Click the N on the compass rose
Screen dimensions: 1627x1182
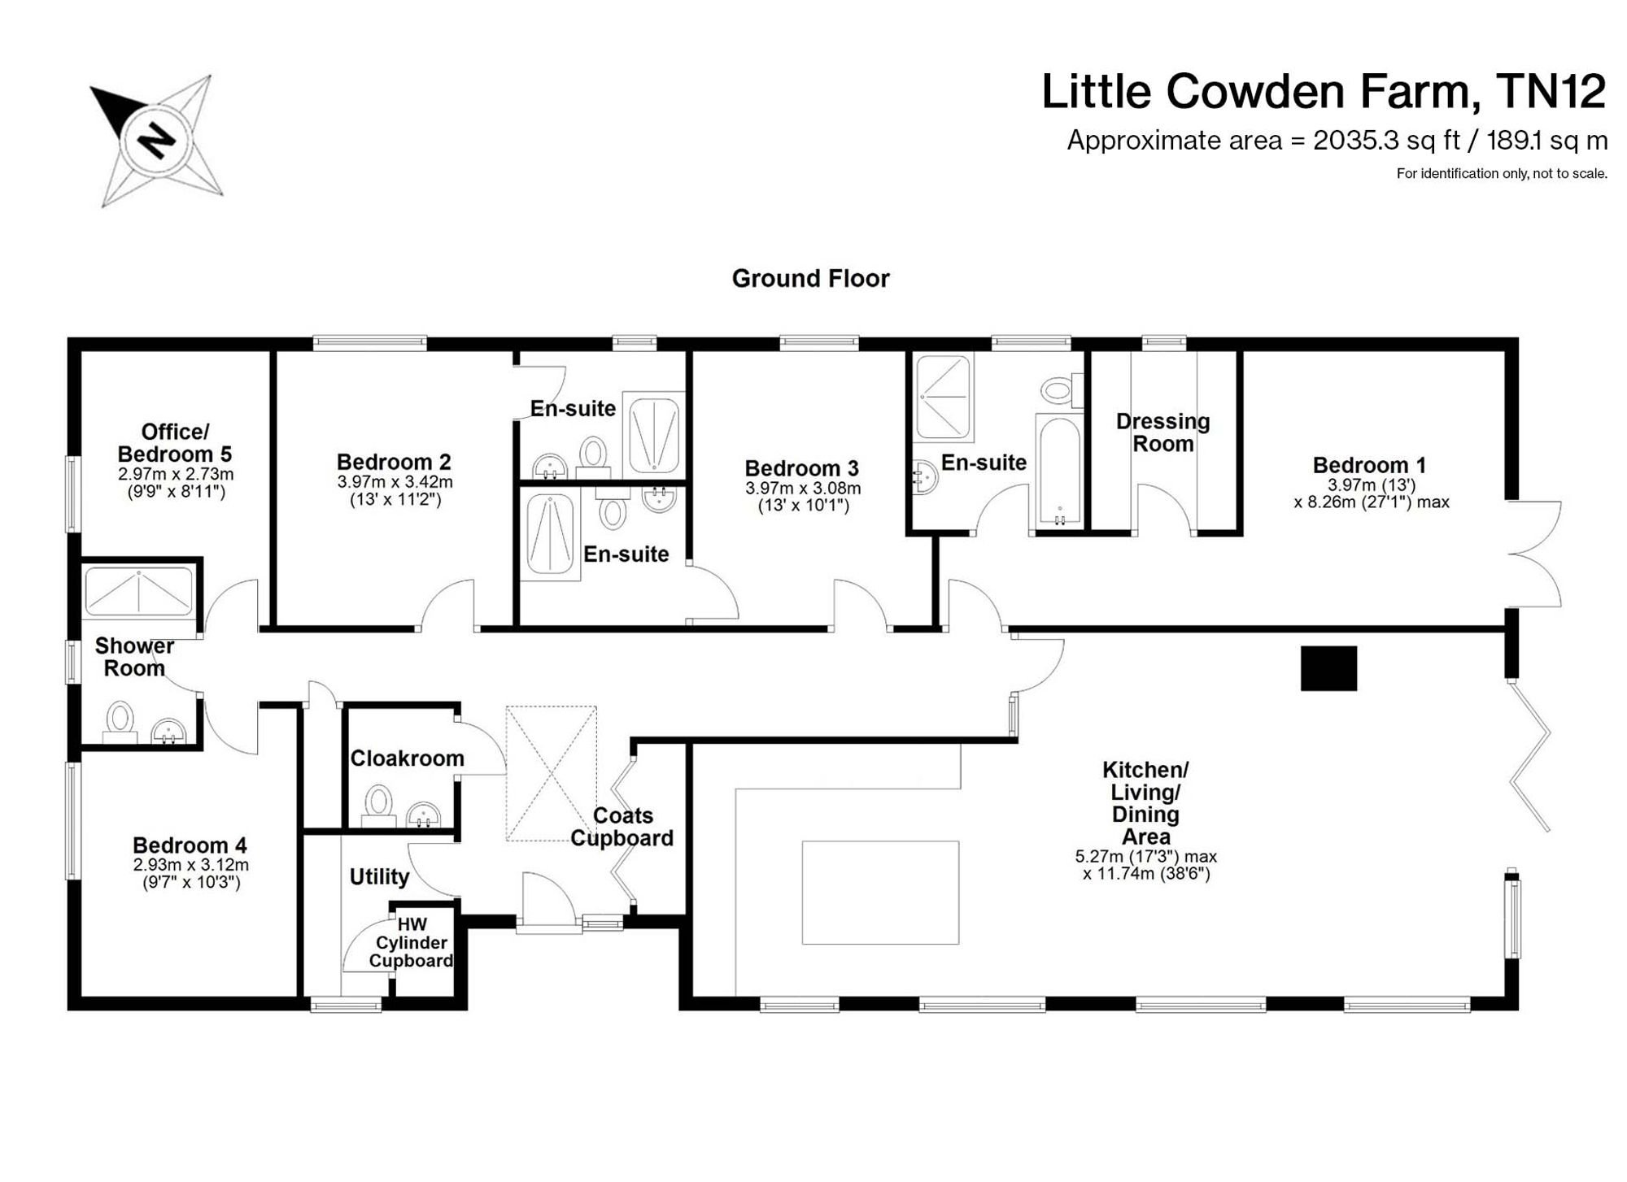(157, 141)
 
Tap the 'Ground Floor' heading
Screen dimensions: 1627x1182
(810, 279)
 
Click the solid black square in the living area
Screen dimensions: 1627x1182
(1328, 668)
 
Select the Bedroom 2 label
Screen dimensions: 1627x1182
(394, 462)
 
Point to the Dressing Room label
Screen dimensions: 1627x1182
(1162, 432)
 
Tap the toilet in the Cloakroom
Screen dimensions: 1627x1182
(378, 806)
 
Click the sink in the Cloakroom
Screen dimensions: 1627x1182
(423, 815)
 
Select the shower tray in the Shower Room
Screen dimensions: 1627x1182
(139, 592)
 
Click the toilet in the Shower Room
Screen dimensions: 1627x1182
(120, 723)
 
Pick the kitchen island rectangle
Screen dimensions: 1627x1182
(880, 893)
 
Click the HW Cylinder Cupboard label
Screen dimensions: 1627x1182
(411, 943)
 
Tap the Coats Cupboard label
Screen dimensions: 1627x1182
(622, 827)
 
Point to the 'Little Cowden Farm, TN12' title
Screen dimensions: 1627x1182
(1324, 91)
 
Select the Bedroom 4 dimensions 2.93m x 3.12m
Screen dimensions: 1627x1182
(191, 865)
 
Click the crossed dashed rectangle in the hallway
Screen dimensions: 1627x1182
(552, 773)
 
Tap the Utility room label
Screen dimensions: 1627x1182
(379, 876)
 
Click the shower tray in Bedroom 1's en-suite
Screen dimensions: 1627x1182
(944, 397)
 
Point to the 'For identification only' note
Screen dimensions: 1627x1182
(1502, 173)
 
